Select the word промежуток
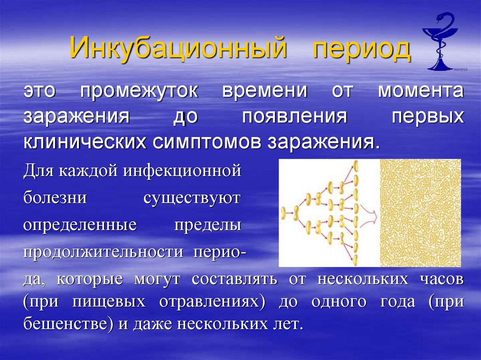pyautogui.click(x=139, y=91)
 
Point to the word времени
pyautogui.click(x=264, y=91)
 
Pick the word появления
pyautogui.click(x=294, y=116)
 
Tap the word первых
pyautogui.click(x=427, y=116)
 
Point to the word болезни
pyautogui.click(x=55, y=198)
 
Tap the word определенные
pyautogui.click(x=80, y=225)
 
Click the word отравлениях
pyautogui.click(x=209, y=302)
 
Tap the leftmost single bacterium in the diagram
pyautogui.click(x=284, y=214)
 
